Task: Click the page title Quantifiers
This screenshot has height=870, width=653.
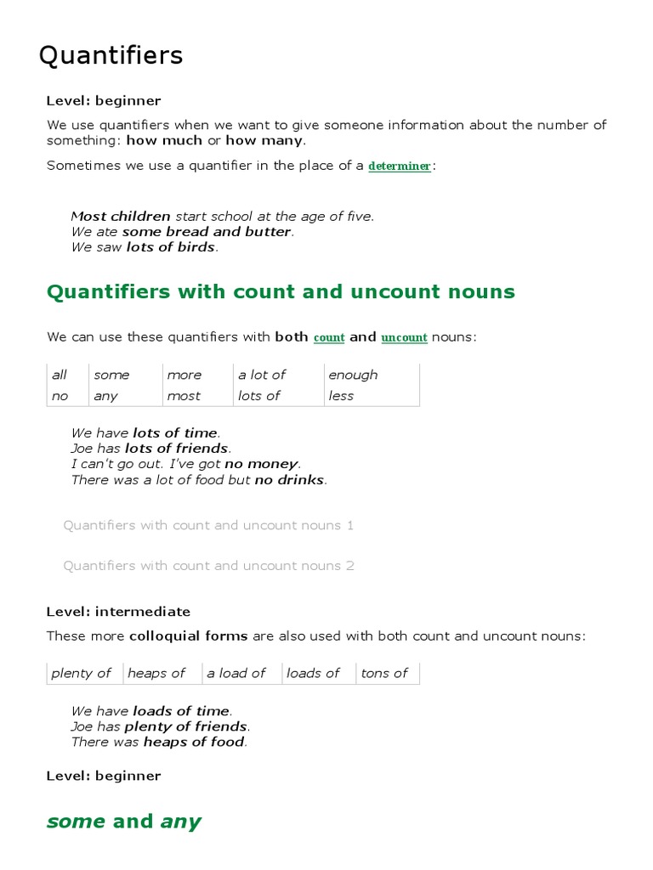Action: pyautogui.click(x=111, y=56)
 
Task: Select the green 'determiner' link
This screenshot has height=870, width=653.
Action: pyautogui.click(x=400, y=167)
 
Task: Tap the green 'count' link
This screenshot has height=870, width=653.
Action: pyautogui.click(x=329, y=338)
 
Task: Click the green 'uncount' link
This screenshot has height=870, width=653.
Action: pyautogui.click(x=404, y=338)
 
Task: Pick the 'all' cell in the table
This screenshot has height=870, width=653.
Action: pyautogui.click(x=60, y=375)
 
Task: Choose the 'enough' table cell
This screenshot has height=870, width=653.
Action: pyautogui.click(x=353, y=375)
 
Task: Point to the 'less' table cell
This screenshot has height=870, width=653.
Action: pyautogui.click(x=341, y=396)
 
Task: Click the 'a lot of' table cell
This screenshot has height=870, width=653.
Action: pyautogui.click(x=262, y=375)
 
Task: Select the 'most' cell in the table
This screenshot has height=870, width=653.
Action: pyautogui.click(x=184, y=396)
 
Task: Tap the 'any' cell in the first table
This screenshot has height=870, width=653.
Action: pyautogui.click(x=106, y=396)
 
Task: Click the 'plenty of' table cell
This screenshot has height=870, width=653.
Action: pyautogui.click(x=82, y=673)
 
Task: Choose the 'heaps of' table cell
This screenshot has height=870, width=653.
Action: pyautogui.click(x=156, y=673)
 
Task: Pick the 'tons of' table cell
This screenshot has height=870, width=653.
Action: pyautogui.click(x=384, y=673)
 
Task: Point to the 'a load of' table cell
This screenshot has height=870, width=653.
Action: pyautogui.click(x=236, y=673)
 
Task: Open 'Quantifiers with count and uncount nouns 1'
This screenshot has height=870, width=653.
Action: pyautogui.click(x=208, y=525)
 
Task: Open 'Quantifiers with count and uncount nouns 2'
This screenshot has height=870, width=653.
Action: pyautogui.click(x=208, y=566)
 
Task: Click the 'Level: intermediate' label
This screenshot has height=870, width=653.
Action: pyautogui.click(x=118, y=612)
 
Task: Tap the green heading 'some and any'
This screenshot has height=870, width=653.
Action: pyautogui.click(x=124, y=822)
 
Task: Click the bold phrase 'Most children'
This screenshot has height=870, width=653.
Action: pyautogui.click(x=121, y=217)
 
